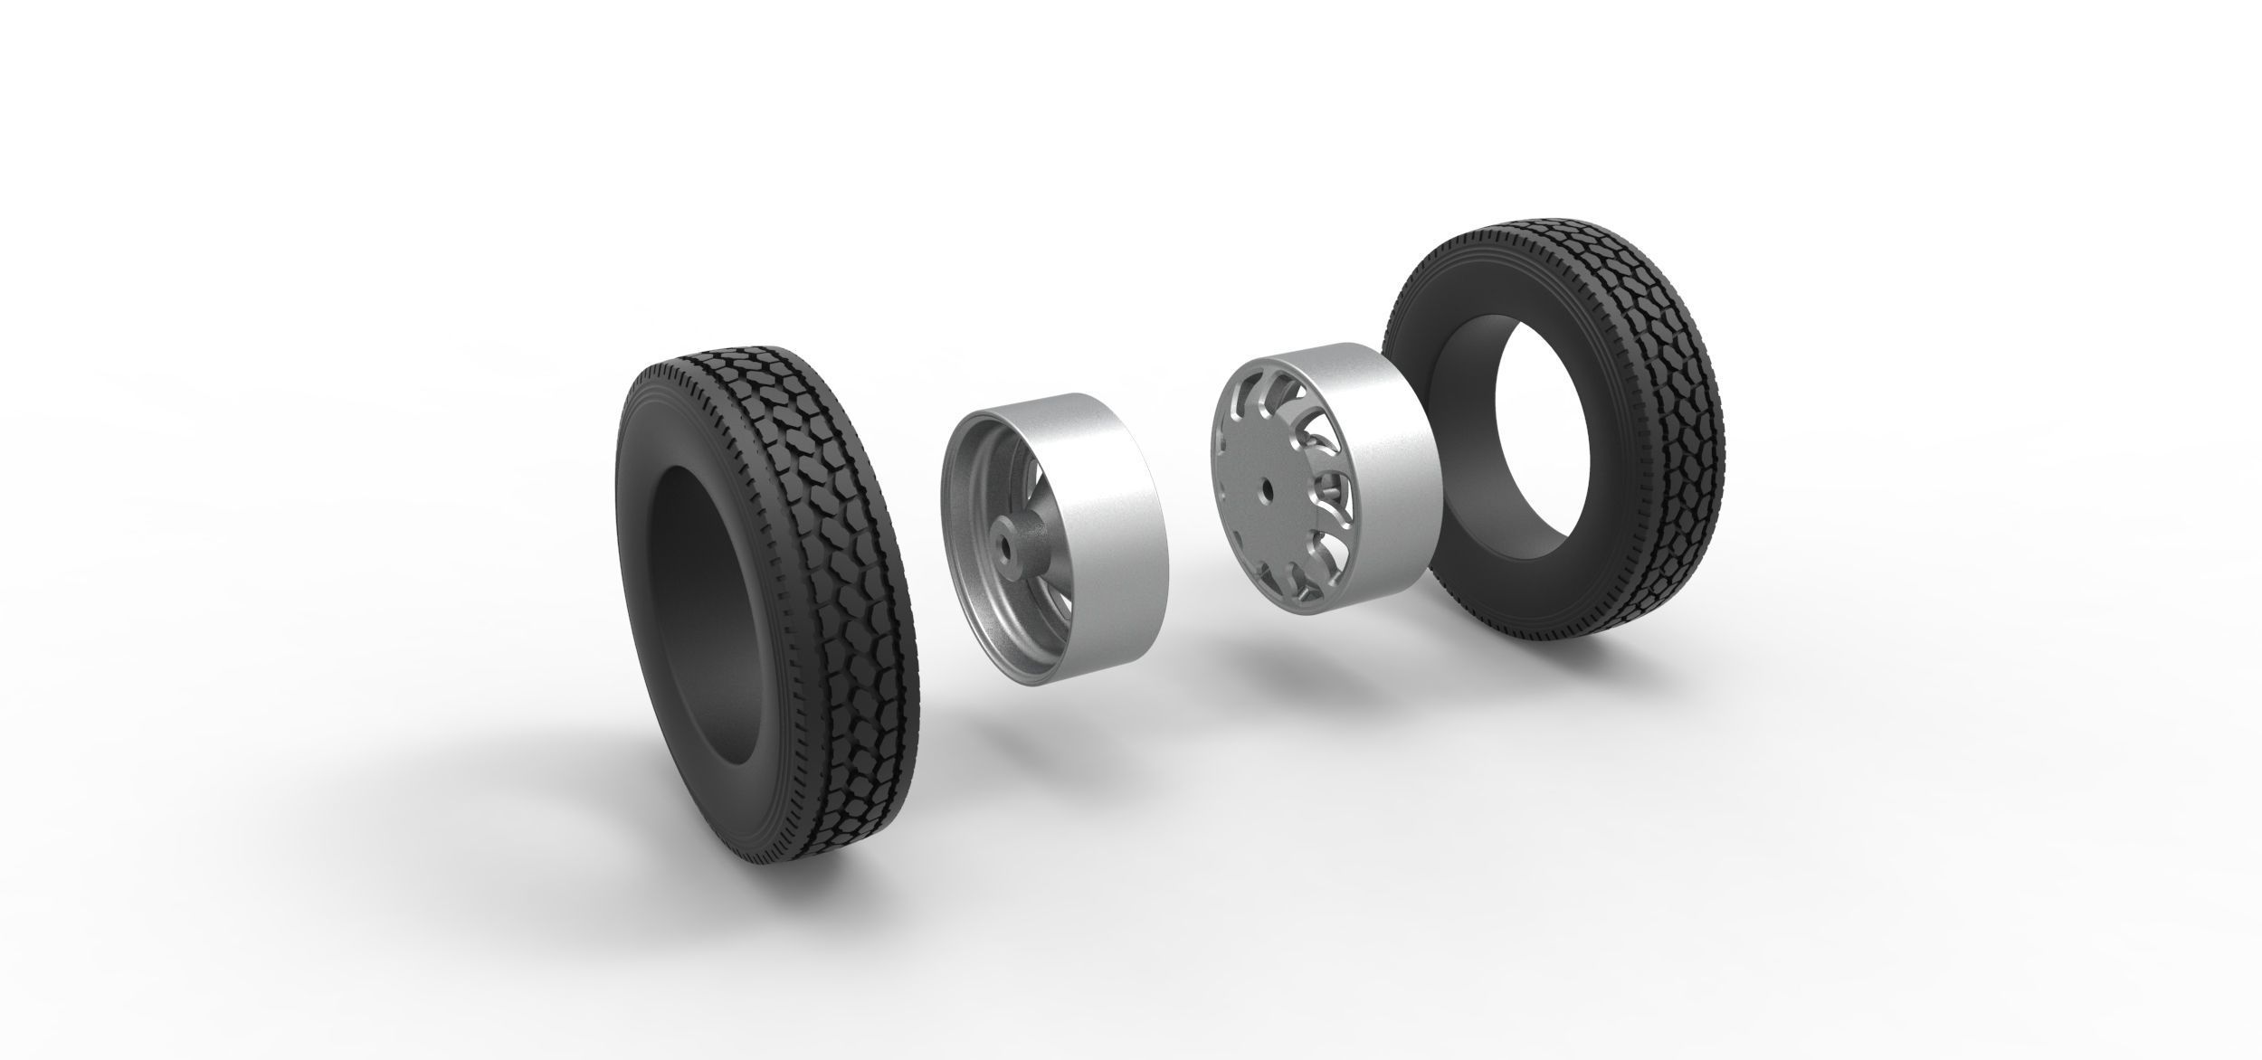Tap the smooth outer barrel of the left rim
click(1104, 525)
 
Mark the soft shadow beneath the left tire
click(543, 814)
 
